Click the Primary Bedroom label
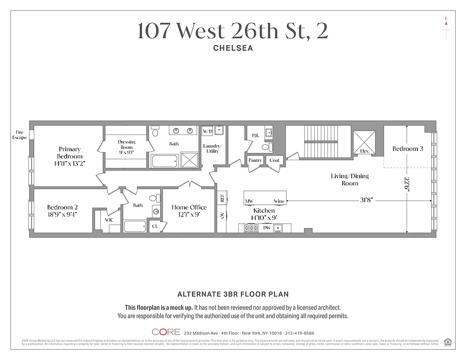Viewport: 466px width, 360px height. [69, 153]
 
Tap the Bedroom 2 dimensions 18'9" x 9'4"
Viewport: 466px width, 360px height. [62, 214]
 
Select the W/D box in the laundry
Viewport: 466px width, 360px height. [207, 131]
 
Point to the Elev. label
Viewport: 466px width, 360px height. [365, 151]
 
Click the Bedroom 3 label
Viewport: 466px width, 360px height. [407, 148]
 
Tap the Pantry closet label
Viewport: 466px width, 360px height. [255, 160]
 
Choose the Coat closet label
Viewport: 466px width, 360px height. [275, 160]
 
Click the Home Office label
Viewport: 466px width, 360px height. [189, 207]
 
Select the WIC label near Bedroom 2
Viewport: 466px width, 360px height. [109, 220]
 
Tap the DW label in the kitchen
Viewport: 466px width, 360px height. [267, 228]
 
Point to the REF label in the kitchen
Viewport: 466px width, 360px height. [222, 198]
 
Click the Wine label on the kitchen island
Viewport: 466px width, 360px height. [279, 201]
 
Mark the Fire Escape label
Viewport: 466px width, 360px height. [19, 135]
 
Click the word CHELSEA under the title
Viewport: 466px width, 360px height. [233, 48]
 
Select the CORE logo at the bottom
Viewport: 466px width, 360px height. [166, 332]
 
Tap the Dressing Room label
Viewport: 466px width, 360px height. [127, 144]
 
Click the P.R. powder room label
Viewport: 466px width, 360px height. [255, 135]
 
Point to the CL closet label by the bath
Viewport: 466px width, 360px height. [155, 226]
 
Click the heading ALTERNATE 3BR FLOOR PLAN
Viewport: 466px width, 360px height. [233, 294]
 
